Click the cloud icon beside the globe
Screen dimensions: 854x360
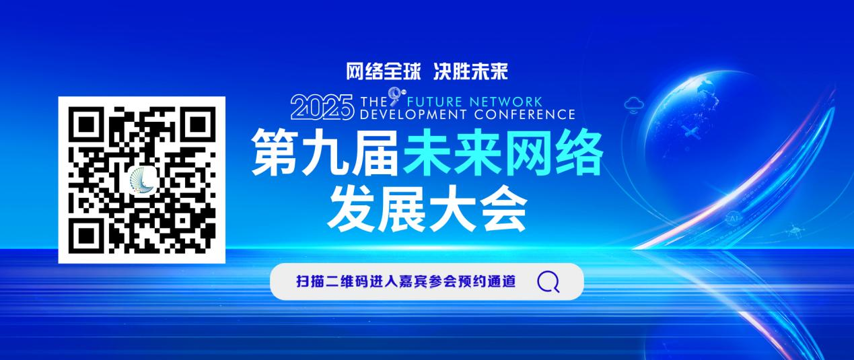pyautogui.click(x=635, y=105)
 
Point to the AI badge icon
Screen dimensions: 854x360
pyautogui.click(x=734, y=219)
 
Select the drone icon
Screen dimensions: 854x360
pyautogui.click(x=795, y=231)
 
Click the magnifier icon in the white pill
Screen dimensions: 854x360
pyautogui.click(x=548, y=281)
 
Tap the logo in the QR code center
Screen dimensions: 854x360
pyautogui.click(x=143, y=180)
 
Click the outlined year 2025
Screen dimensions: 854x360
pyautogui.click(x=322, y=108)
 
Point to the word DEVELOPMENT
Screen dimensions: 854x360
pyautogui.click(x=413, y=114)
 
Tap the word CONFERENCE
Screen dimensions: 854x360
pyautogui.click(x=525, y=114)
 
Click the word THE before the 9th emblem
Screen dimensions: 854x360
pyautogui.click(x=373, y=102)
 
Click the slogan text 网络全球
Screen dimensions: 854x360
pyautogui.click(x=383, y=72)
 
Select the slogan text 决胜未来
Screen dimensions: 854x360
pyautogui.click(x=470, y=72)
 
